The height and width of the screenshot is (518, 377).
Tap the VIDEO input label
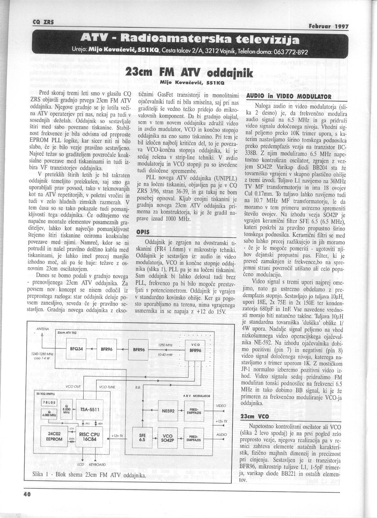pyautogui.click(x=221, y=406)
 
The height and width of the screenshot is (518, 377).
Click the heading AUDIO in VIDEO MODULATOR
pyautogui.click(x=284, y=96)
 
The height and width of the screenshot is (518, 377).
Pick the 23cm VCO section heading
pyautogui.click(x=254, y=416)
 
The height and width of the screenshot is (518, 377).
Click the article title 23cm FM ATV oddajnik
pyautogui.click(x=189, y=73)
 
